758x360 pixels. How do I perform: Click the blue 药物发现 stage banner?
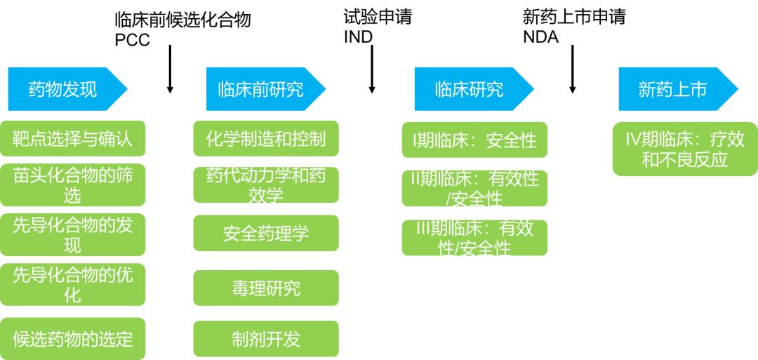63,89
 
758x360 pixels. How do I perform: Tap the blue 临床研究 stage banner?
469,89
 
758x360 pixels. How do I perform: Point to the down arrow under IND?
372,70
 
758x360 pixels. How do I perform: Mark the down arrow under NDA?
573,70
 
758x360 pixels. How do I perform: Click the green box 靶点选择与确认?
72,138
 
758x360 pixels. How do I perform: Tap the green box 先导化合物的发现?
72,234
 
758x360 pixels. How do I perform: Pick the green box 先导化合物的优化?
72,284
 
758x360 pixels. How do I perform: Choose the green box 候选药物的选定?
72,339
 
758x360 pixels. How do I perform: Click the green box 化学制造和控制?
265,138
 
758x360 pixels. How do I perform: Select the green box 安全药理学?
265,233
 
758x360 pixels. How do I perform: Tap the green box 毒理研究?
265,288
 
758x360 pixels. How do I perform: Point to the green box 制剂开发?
265,339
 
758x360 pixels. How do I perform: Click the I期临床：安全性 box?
474,140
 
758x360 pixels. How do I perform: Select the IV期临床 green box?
684,149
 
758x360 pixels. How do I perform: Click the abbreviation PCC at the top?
133,40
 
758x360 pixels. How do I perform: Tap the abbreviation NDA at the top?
540,37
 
